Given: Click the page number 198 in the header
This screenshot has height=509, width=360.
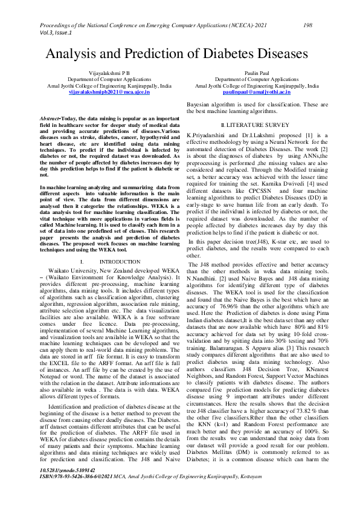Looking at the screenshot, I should pyautogui.click(x=307, y=25).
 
